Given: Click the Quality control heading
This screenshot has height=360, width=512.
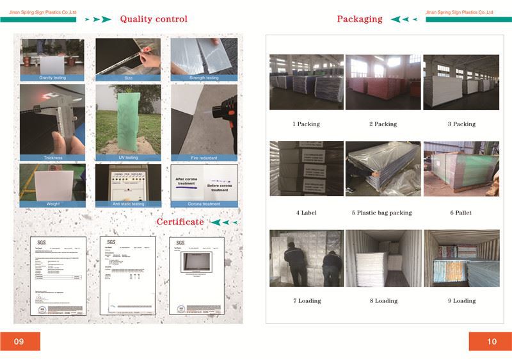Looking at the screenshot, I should pos(154,19).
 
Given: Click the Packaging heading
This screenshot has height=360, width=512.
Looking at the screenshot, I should pos(360,19).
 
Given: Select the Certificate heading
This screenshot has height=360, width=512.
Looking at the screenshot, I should pos(180,222).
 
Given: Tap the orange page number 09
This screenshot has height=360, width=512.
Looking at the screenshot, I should pos(19,341).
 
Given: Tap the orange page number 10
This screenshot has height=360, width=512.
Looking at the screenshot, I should pos(492,341).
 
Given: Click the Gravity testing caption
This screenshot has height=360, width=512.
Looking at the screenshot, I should pos(52,78).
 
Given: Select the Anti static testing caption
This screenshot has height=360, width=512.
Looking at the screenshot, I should pos(127,204).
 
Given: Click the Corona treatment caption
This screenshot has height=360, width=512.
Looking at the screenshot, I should pos(204,204).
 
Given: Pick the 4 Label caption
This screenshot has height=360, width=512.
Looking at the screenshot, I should pos(306,213).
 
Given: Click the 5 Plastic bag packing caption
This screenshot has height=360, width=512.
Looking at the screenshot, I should pos(382,213).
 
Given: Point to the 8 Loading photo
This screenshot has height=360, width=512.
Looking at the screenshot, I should pos(383,258).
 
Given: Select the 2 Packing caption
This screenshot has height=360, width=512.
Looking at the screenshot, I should pos(383,124).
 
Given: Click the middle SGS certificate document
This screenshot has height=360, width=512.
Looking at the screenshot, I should pos(128,275).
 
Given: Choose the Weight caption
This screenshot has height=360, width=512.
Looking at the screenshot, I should pos(52,204).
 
